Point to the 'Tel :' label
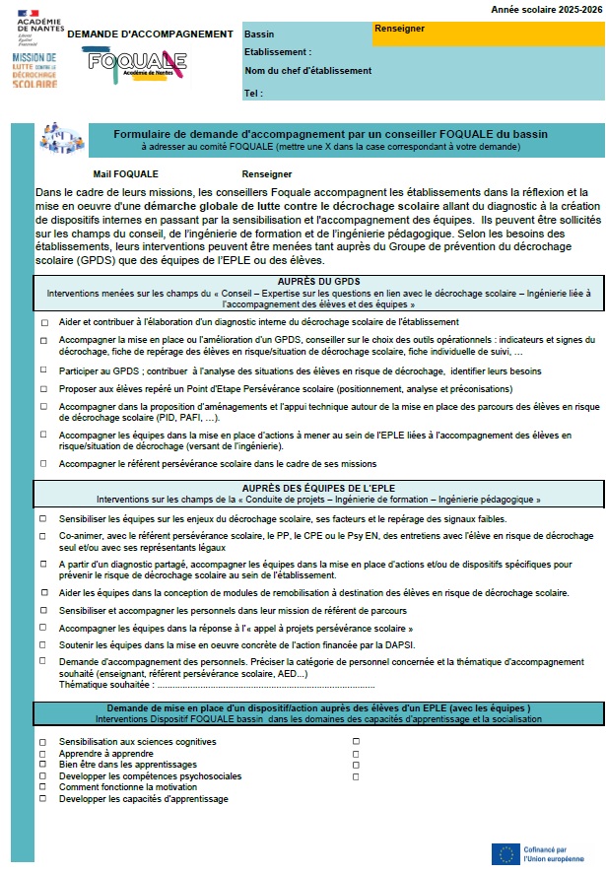(x=253, y=93)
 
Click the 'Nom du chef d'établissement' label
(x=307, y=71)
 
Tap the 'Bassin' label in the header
(x=259, y=34)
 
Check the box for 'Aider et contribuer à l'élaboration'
(x=44, y=323)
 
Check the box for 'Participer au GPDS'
(x=44, y=371)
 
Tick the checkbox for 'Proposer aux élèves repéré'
(x=44, y=390)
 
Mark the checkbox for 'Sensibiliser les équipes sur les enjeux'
(x=44, y=518)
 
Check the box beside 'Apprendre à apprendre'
(x=44, y=753)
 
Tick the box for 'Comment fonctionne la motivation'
(x=44, y=787)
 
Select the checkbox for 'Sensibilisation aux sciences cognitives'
(x=44, y=741)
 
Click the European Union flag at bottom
(x=506, y=853)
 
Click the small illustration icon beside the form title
(x=61, y=138)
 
